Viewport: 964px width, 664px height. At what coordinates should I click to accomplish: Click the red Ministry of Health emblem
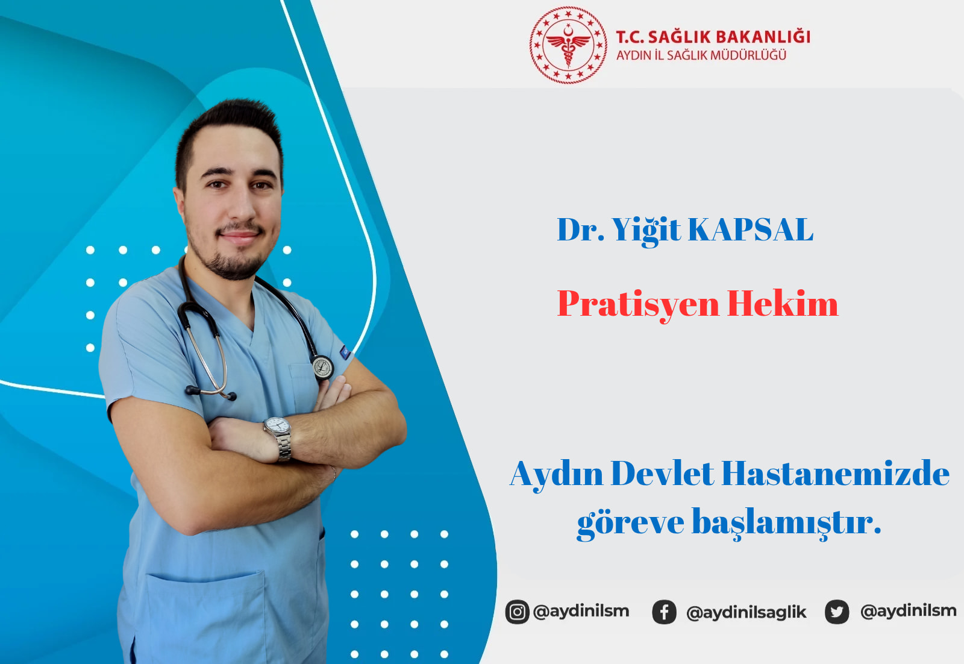(568, 45)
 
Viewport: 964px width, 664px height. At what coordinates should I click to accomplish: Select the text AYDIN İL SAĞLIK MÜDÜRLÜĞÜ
(701, 55)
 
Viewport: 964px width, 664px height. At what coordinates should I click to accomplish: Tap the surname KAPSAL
(751, 230)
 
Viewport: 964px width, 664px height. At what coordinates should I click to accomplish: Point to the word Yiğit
(646, 231)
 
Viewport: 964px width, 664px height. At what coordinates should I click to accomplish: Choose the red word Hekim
(783, 303)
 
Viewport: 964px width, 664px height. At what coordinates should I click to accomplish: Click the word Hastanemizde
(835, 474)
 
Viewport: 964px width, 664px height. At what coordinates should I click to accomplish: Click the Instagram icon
(517, 612)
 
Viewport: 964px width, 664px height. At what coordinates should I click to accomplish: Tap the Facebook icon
(664, 612)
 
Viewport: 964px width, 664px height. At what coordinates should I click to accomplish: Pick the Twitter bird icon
(837, 612)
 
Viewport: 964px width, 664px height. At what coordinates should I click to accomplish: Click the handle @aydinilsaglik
(746, 612)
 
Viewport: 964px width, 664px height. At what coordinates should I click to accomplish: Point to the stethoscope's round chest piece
(323, 367)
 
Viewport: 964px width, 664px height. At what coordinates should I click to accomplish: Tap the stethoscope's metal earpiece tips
(210, 392)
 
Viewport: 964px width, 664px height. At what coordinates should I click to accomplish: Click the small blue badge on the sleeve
(345, 352)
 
